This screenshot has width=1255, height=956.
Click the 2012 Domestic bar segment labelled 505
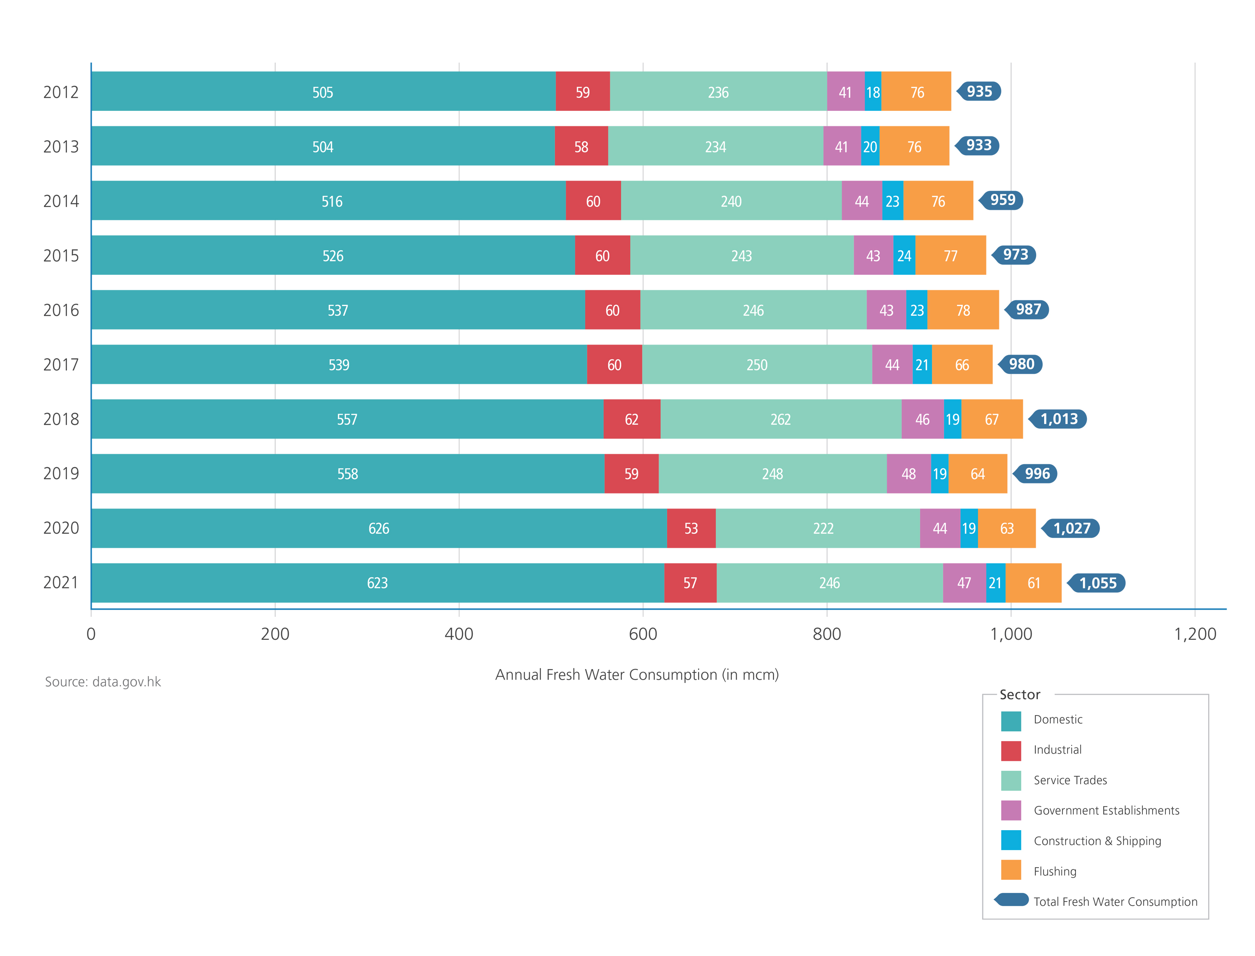pyautogui.click(x=322, y=91)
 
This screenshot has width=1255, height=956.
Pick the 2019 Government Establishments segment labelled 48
pyautogui.click(x=908, y=473)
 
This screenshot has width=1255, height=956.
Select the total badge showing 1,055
pyautogui.click(x=1097, y=583)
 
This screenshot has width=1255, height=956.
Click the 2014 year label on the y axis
pyautogui.click(x=61, y=201)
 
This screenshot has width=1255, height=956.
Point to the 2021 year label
pyautogui.click(x=61, y=582)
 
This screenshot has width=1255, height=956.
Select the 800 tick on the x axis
pyautogui.click(x=827, y=633)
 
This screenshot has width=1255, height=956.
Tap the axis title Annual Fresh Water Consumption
pyautogui.click(x=636, y=674)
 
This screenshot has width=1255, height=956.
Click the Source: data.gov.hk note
pyautogui.click(x=103, y=682)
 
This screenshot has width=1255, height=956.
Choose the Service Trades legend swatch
pyautogui.click(x=1010, y=780)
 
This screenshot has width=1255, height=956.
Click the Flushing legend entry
pyautogui.click(x=1054, y=871)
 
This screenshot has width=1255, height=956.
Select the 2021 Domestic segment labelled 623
pyautogui.click(x=377, y=583)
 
